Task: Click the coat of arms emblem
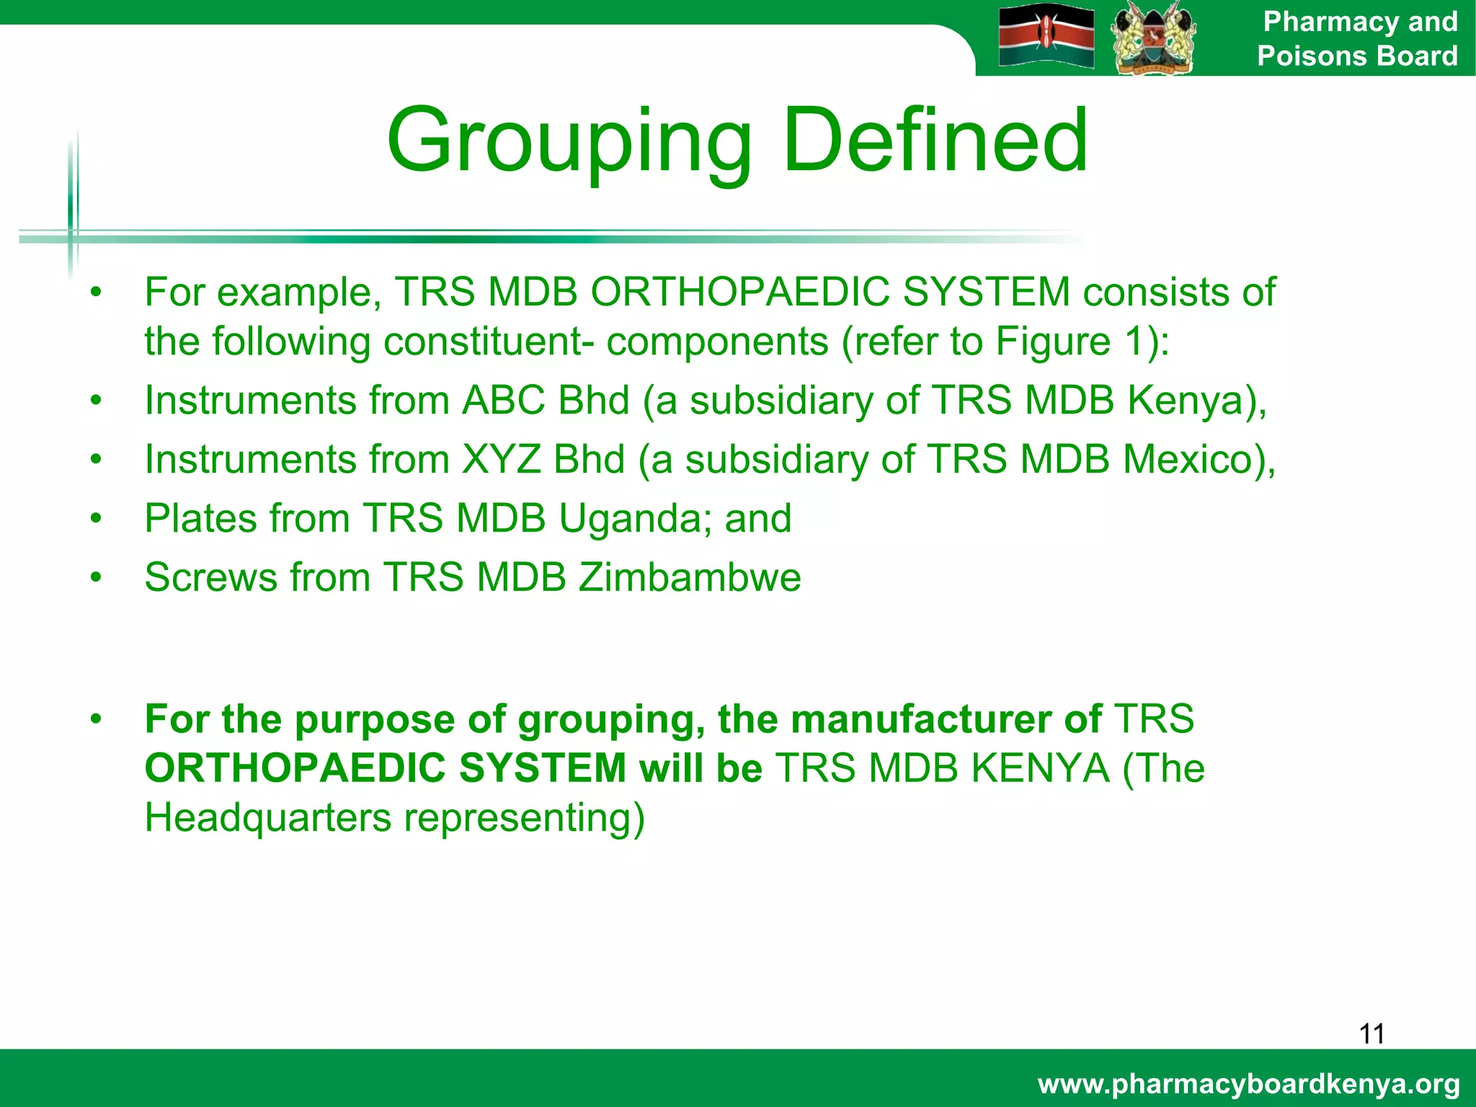pos(1153,37)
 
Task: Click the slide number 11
pos(1371,1033)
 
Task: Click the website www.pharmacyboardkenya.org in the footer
pos(1249,1083)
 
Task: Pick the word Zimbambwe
pos(690,577)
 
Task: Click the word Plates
pos(211,518)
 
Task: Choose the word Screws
pos(210,577)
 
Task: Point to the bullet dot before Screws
pos(97,577)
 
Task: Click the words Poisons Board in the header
pos(1357,55)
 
